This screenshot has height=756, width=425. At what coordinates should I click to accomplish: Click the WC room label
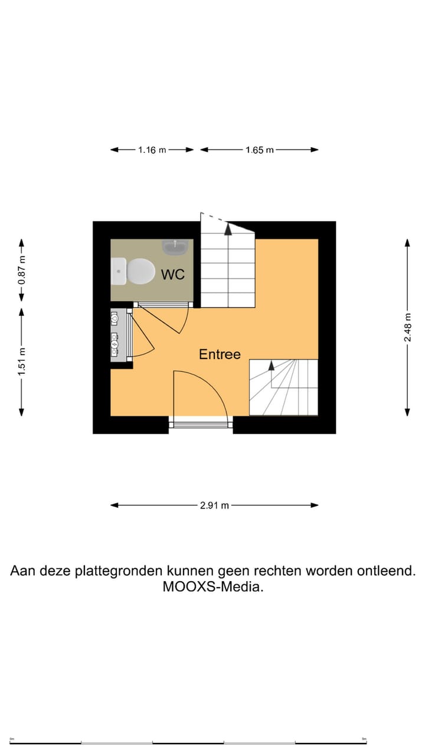point(173,274)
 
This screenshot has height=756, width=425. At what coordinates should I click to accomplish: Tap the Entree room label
point(220,354)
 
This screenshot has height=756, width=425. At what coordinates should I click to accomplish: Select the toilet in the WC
point(133,271)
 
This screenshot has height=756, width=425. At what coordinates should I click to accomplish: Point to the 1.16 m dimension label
point(152,150)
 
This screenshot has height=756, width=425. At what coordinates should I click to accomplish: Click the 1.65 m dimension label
point(260,150)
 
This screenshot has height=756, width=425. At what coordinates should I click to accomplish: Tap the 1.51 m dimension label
point(22,362)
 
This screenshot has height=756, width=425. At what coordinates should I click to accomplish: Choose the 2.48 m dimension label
point(407,327)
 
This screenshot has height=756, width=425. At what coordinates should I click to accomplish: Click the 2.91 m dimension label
point(214,506)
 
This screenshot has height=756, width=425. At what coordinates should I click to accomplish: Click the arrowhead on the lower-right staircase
point(271,365)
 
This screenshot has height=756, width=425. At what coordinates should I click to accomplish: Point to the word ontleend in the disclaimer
point(386,571)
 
